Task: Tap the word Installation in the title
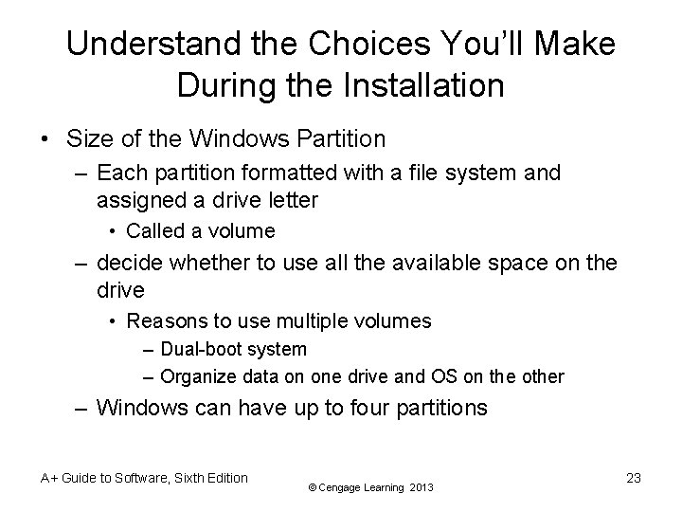coord(427,86)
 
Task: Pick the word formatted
coord(299,174)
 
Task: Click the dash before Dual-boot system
coord(150,350)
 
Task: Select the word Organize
coord(199,376)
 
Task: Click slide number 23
coord(633,478)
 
